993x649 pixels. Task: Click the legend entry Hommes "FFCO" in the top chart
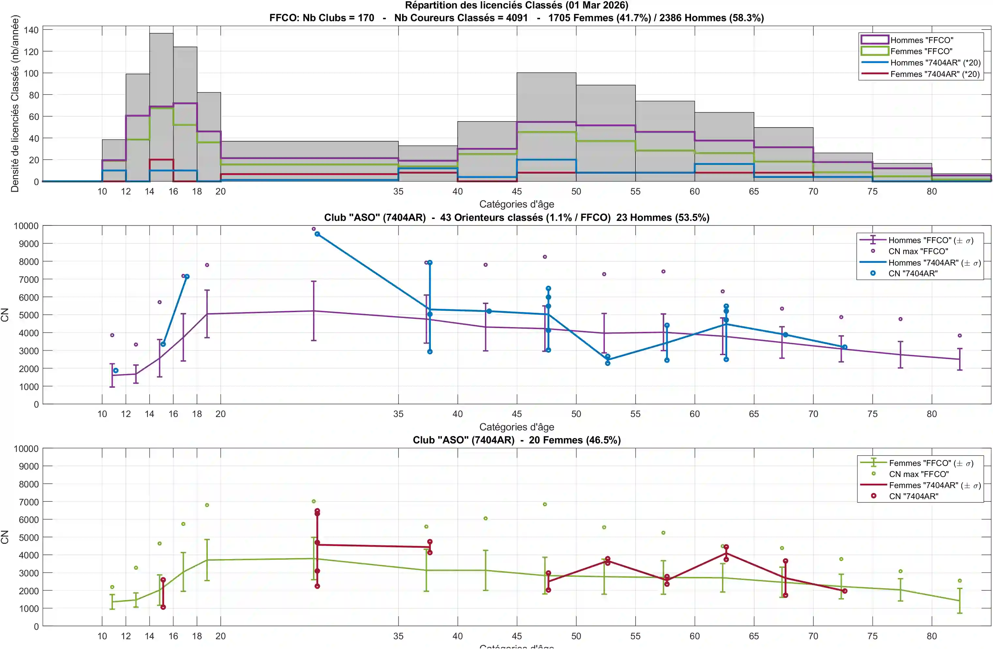[x=921, y=40]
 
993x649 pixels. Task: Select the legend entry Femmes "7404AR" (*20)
[x=935, y=74]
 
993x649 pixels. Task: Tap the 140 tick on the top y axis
[x=31, y=30]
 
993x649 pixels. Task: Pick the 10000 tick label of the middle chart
[x=26, y=226]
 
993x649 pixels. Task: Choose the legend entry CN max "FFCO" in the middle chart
[x=918, y=251]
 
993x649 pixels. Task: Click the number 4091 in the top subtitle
[x=517, y=18]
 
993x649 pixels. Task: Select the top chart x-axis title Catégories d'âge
[x=517, y=204]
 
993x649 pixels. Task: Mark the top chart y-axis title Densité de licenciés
[x=15, y=104]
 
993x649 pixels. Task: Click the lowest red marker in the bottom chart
[x=163, y=607]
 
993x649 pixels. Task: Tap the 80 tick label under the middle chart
[x=932, y=414]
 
